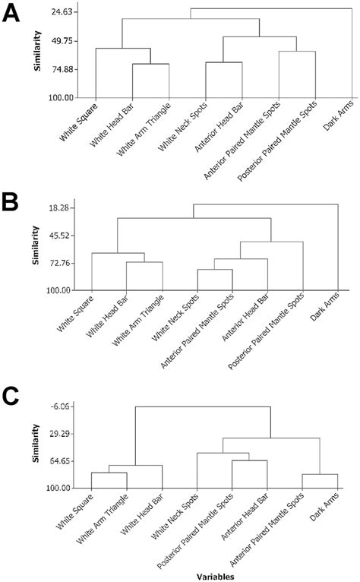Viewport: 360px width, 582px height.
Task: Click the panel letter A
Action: point(13,15)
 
